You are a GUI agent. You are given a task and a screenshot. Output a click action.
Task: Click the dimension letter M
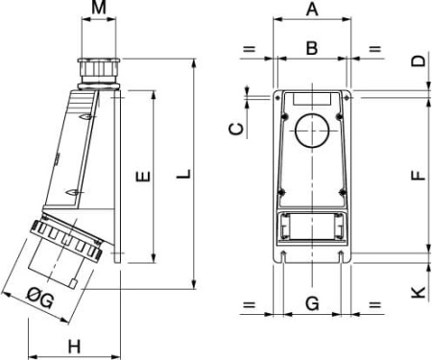99,11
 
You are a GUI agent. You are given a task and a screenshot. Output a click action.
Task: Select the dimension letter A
311,11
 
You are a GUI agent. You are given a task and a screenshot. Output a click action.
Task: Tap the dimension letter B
311,47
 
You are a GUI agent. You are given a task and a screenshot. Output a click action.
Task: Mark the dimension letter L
185,176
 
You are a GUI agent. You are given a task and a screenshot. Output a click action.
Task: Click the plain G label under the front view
311,304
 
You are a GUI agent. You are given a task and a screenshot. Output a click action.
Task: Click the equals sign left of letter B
249,48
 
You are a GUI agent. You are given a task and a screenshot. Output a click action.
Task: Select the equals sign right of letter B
374,48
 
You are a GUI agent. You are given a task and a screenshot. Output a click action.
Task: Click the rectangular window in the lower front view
311,228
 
